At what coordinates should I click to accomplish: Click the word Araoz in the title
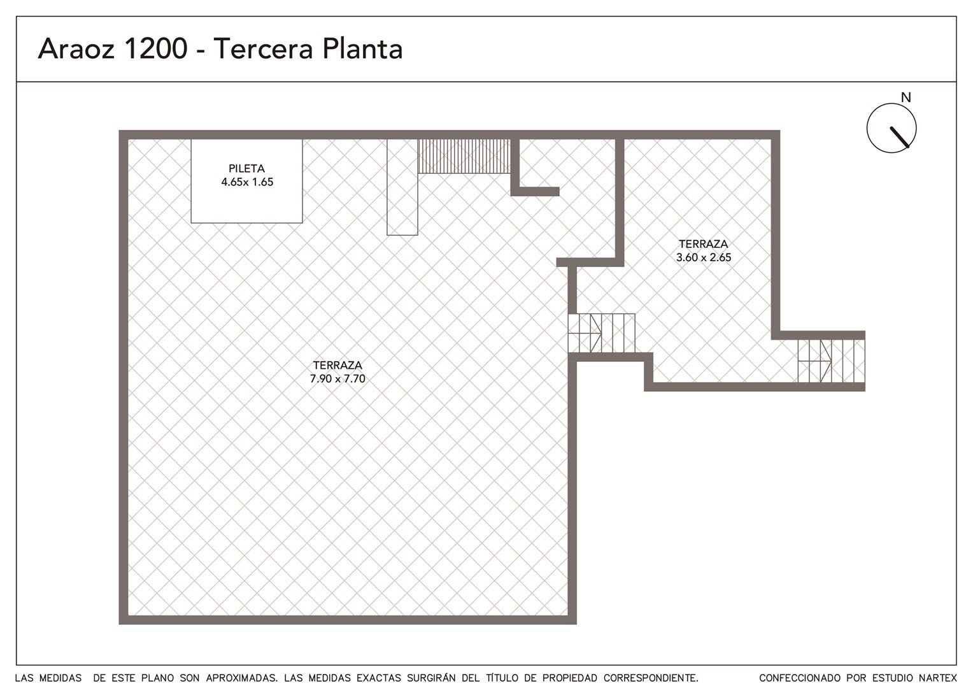76,48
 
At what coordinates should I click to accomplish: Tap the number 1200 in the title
156,48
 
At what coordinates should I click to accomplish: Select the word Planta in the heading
362,48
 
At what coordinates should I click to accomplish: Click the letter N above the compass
906,98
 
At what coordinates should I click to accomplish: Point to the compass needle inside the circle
900,138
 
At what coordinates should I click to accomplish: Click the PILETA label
246,168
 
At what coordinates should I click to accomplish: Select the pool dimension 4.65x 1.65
247,182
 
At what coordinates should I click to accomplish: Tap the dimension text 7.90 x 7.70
337,378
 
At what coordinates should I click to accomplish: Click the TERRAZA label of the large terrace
337,365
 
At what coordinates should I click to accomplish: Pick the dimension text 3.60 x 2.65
704,257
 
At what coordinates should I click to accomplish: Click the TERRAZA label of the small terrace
704,244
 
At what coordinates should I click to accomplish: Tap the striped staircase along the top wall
464,157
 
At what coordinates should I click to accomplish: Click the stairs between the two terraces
602,333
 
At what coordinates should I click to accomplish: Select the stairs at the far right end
832,361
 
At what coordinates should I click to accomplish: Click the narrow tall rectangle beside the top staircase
402,187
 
